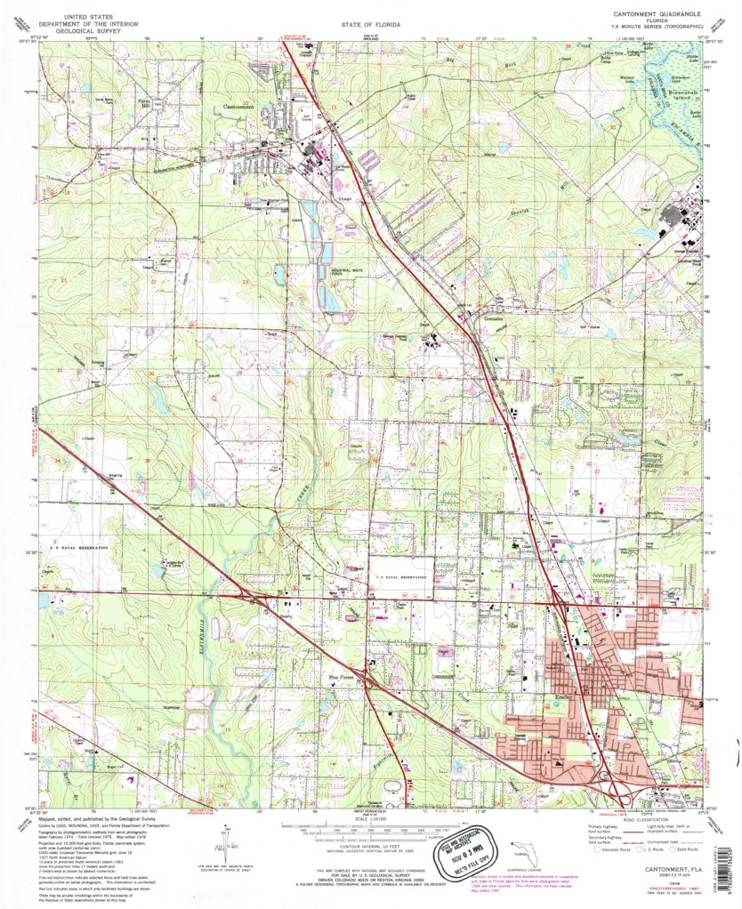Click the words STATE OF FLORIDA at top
(370, 25)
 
